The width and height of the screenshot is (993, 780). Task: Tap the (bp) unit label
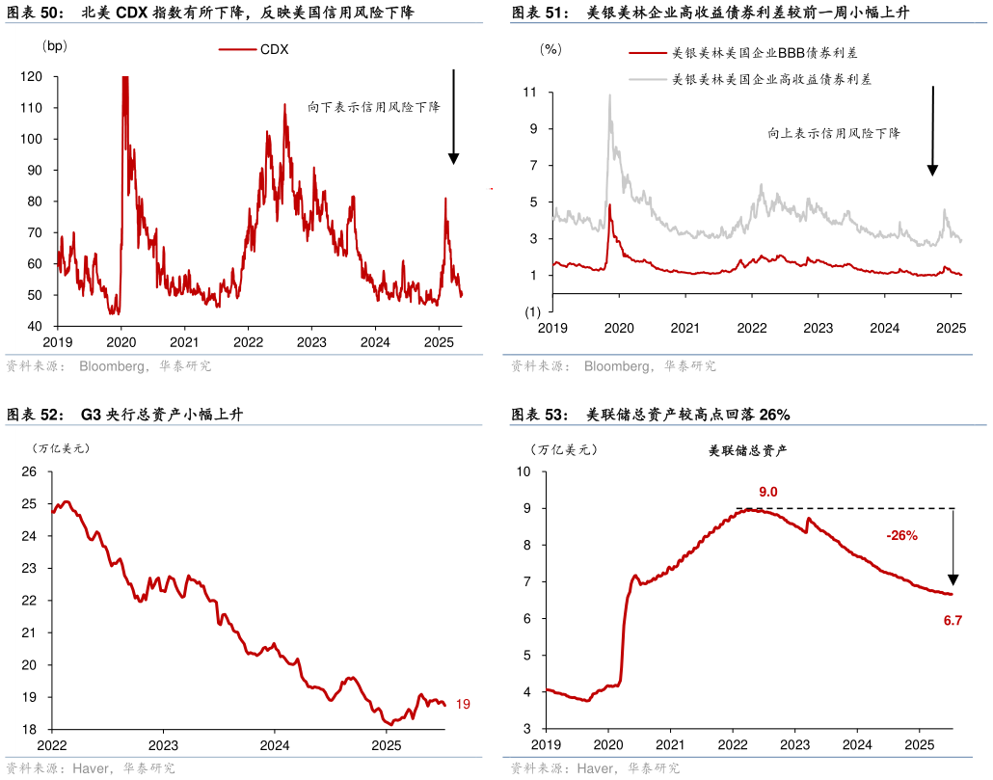tap(55, 45)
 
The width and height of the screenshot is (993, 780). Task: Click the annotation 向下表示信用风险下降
tap(373, 107)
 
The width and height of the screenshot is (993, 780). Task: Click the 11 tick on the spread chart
tap(530, 93)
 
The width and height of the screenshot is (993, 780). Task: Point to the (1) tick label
tap(531, 311)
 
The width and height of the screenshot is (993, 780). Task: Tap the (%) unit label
tap(550, 47)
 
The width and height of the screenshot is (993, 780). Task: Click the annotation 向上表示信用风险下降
tap(834, 133)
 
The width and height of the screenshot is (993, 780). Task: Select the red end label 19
tap(463, 705)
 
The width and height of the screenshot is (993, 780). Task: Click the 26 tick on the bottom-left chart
tap(29, 471)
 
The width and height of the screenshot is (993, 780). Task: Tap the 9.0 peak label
tap(767, 492)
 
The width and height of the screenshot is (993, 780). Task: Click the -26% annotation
tap(901, 535)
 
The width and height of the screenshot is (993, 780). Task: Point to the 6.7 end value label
tap(953, 620)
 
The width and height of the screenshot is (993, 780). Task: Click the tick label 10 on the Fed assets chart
tap(524, 471)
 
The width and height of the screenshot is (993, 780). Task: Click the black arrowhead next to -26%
tap(953, 578)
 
